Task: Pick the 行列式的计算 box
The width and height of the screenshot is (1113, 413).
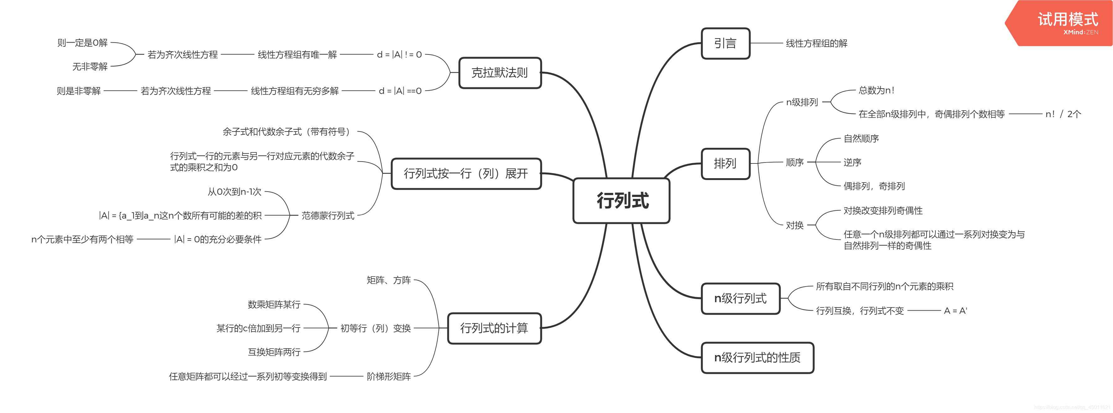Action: (494, 328)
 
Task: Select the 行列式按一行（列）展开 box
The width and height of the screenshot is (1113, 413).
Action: (466, 174)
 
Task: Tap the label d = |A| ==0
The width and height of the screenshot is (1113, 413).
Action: (400, 91)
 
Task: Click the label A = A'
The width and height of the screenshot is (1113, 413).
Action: (955, 311)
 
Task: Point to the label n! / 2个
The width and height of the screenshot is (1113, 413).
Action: (1063, 114)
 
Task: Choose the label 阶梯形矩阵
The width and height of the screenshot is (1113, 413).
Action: (388, 377)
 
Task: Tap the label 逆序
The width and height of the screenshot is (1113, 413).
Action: (852, 163)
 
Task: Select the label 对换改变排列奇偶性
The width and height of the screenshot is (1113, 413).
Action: (883, 211)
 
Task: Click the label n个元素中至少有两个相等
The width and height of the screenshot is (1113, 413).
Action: (82, 239)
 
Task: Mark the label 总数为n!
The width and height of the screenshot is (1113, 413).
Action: (876, 90)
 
